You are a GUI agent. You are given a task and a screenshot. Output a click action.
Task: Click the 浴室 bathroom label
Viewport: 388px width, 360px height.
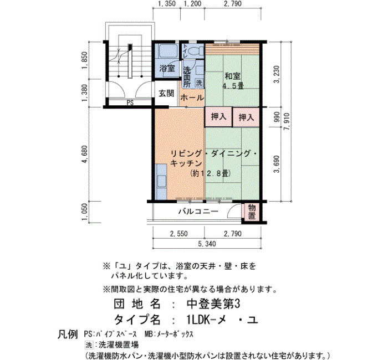167,68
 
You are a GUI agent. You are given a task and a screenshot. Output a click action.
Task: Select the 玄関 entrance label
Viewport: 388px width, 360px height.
166,94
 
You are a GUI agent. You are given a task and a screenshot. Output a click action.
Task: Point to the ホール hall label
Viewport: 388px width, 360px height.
192,98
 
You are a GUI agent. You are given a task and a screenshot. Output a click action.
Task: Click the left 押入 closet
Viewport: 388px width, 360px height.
218,117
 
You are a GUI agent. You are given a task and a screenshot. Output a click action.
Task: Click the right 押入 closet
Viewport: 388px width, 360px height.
246,117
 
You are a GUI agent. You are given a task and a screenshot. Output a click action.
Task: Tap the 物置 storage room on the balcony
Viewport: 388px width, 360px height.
252,212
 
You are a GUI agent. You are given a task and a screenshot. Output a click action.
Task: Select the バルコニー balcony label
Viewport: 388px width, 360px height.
198,212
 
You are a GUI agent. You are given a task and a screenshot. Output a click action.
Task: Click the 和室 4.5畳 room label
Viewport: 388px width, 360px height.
233,81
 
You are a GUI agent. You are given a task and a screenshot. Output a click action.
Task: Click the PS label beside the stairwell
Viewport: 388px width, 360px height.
130,102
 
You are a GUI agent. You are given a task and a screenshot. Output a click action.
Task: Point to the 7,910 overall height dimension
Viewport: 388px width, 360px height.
287,121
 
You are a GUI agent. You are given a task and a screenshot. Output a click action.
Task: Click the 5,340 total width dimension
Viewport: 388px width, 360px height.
207,244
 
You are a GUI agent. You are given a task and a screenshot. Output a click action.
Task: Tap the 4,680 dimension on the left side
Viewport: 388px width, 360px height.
85,154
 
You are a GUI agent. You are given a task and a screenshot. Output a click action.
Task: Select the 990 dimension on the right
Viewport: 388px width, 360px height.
277,117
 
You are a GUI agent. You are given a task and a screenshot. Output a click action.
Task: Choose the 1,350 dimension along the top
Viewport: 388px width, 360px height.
166,4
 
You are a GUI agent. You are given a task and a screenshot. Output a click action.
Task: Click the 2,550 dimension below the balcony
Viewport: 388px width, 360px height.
178,234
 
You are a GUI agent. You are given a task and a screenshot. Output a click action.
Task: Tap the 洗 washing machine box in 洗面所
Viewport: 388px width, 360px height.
199,83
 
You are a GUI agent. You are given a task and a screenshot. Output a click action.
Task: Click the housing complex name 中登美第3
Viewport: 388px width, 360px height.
213,304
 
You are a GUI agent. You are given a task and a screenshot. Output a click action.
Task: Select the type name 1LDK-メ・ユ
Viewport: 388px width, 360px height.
223,320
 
